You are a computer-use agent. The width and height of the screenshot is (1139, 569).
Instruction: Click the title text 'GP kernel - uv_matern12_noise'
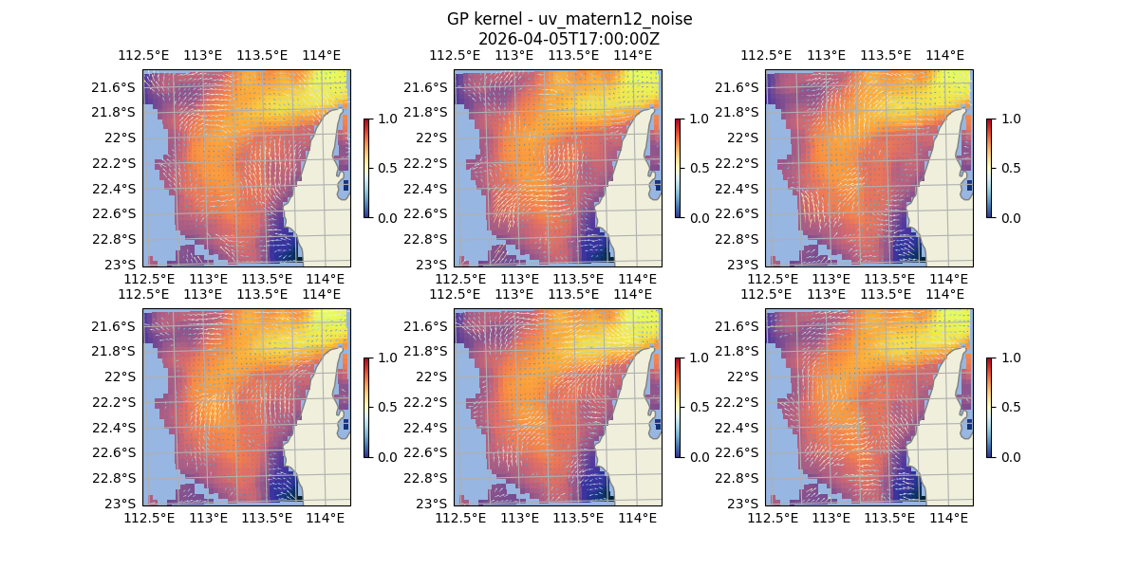pos(569,19)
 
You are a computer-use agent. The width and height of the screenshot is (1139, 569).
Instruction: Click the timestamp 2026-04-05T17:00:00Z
pos(569,39)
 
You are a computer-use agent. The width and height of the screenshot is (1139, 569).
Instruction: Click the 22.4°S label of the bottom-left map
pos(112,428)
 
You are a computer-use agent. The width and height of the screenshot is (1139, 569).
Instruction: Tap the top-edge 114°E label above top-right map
pos(944,55)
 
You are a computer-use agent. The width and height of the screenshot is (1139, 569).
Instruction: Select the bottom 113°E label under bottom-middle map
pos(519,518)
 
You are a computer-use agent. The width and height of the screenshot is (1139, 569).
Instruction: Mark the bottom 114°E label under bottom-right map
pos(949,518)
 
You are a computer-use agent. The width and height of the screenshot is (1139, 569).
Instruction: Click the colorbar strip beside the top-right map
pos(990,169)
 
